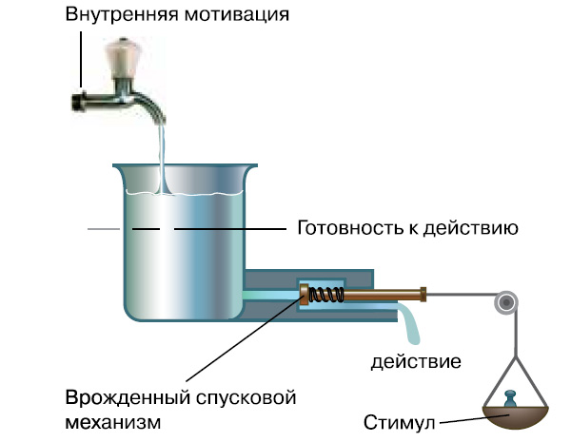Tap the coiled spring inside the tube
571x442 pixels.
[328, 295]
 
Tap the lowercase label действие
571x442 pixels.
[417, 361]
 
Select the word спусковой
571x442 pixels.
[246, 395]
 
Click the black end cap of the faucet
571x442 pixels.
[79, 101]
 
